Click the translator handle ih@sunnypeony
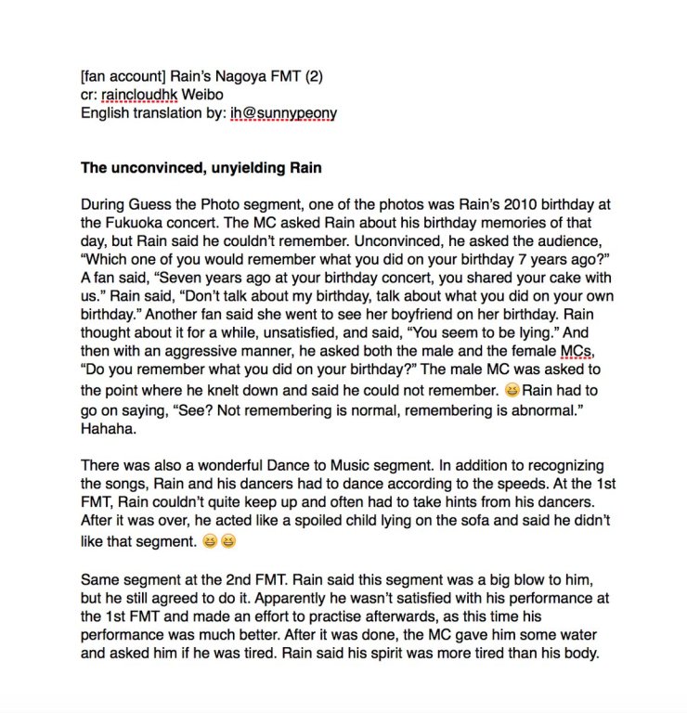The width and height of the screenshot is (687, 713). point(284,112)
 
